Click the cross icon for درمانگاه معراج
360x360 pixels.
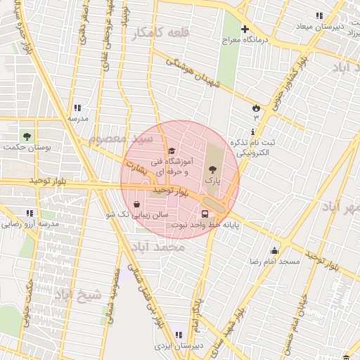click(x=245, y=30)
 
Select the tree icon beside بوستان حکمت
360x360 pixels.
click(x=27, y=135)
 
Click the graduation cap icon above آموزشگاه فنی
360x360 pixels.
click(x=171, y=151)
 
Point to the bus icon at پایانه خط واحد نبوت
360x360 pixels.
click(x=205, y=213)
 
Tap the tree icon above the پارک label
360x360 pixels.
click(x=212, y=169)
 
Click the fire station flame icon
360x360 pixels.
click(x=256, y=108)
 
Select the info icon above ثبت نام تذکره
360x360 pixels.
click(x=252, y=131)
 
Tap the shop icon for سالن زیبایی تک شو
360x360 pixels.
click(x=146, y=203)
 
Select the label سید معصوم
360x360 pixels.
click(x=116, y=139)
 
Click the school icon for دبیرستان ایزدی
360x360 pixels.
click(x=178, y=335)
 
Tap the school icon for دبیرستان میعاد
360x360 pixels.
click(x=320, y=15)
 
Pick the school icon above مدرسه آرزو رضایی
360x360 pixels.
click(x=30, y=213)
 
